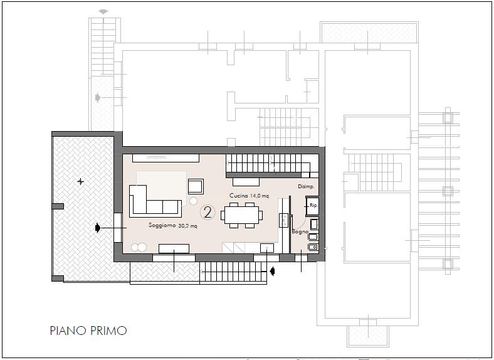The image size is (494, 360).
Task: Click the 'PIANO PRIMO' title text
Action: pyautogui.click(x=88, y=331)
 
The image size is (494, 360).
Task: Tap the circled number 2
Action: pyautogui.click(x=208, y=212)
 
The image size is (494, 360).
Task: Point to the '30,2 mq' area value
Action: pyautogui.click(x=188, y=226)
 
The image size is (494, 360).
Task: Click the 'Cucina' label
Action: pyautogui.click(x=239, y=196)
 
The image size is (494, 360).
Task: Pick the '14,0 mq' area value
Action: pyautogui.click(x=260, y=196)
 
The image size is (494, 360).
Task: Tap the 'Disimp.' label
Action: pyautogui.click(x=306, y=187)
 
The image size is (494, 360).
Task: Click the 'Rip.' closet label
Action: pyautogui.click(x=314, y=205)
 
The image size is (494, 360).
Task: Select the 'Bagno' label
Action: pyautogui.click(x=300, y=231)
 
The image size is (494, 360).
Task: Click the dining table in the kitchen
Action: pyautogui.click(x=241, y=215)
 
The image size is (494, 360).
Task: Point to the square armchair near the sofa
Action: pyautogui.click(x=196, y=186)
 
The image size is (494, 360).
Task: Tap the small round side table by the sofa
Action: pyautogui.click(x=193, y=201)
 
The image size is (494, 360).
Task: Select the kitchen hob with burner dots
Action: pyautogui.click(x=283, y=220)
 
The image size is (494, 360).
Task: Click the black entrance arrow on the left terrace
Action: pyautogui.click(x=98, y=228)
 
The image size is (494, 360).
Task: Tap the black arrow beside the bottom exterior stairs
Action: pyautogui.click(x=273, y=271)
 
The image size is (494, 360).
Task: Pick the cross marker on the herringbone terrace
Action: pyautogui.click(x=81, y=182)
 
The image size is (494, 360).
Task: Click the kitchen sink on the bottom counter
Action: pyautogui.click(x=267, y=248)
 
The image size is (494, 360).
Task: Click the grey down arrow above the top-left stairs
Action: pyautogui.click(x=103, y=12)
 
